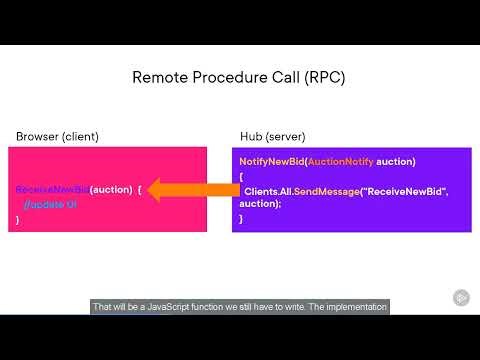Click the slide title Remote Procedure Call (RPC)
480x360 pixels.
(239, 77)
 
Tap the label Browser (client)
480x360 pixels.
(57, 136)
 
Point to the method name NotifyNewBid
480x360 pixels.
(271, 161)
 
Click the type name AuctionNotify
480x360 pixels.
(341, 161)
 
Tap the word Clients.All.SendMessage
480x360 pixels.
(297, 190)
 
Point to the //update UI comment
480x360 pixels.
(46, 203)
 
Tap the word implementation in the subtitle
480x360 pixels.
(354, 307)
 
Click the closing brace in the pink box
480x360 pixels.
(18, 217)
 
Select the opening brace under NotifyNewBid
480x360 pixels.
(241, 175)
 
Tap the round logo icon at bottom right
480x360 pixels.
(462, 298)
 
